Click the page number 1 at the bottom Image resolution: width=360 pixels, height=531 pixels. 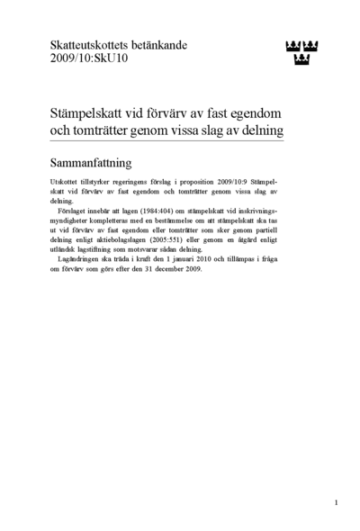tap(336, 502)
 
